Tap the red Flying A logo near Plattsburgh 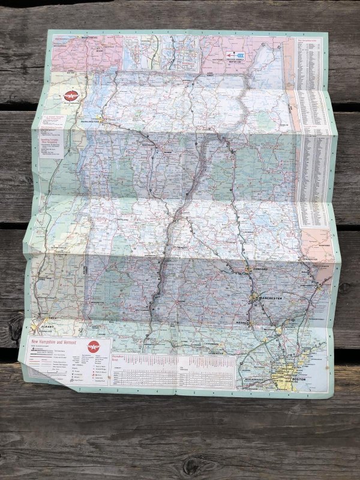(71, 96)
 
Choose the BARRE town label (168, 152)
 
